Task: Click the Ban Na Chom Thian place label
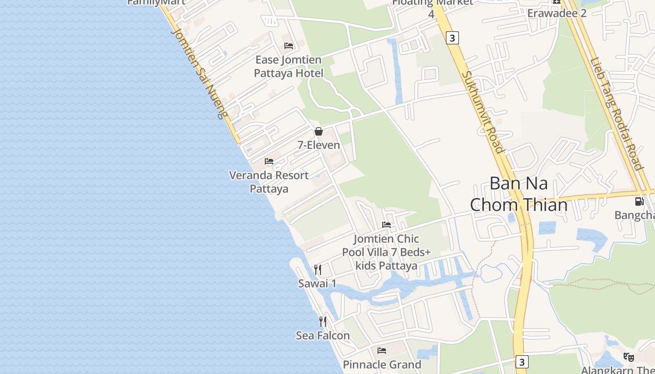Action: [x=518, y=194]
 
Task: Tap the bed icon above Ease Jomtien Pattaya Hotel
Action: [x=289, y=46]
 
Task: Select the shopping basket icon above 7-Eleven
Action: [x=319, y=131]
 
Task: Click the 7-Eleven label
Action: [x=319, y=145]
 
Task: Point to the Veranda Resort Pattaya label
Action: [x=269, y=182]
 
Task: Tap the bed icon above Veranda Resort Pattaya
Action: [x=269, y=161]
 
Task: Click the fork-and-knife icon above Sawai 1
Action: [x=317, y=269]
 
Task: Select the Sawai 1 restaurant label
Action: [x=317, y=283]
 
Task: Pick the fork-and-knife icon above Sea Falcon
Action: [x=323, y=321]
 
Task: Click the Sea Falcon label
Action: [x=323, y=335]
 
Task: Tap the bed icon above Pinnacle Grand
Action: [x=382, y=350]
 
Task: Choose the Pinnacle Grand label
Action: [x=382, y=364]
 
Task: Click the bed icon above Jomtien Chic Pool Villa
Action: [x=386, y=225]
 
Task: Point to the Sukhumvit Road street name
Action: [x=483, y=112]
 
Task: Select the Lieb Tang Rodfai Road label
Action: [x=616, y=114]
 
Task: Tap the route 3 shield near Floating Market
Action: [x=452, y=38]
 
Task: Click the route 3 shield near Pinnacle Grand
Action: [x=522, y=362]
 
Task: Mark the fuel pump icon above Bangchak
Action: [x=639, y=201]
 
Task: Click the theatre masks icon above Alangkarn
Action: [x=629, y=357]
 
